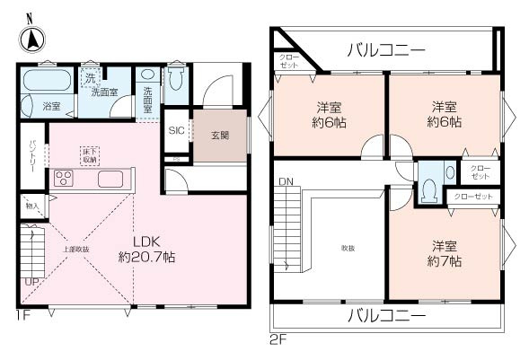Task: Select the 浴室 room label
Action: (x=51, y=106)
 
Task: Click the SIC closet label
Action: (x=176, y=131)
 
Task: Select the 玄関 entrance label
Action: (x=220, y=136)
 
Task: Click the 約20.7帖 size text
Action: (x=146, y=257)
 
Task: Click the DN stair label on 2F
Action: (x=285, y=182)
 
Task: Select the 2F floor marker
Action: (x=277, y=341)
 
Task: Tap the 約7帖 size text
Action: (x=444, y=261)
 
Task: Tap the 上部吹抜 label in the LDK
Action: (x=75, y=249)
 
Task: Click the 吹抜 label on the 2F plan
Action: (x=347, y=248)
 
